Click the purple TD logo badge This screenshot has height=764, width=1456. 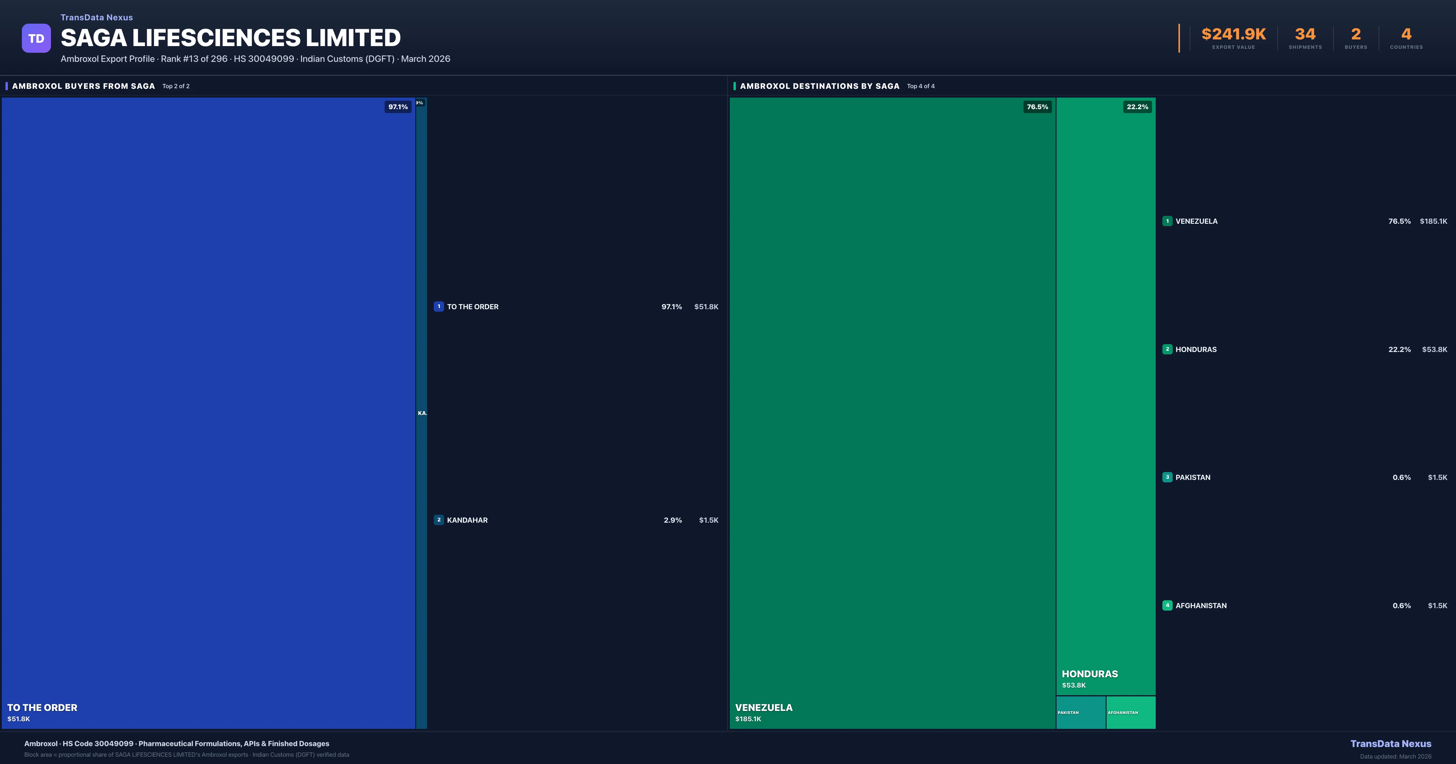click(x=36, y=39)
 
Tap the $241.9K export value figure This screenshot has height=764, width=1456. click(x=1233, y=35)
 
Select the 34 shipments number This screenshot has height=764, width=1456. click(x=1305, y=35)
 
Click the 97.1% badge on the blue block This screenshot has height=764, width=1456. click(x=398, y=107)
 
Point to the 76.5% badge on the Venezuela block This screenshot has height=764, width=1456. click(x=1037, y=107)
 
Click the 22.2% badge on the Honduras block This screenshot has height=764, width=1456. click(x=1137, y=107)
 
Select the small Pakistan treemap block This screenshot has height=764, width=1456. click(x=1080, y=712)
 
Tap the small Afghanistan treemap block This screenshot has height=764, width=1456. click(x=1131, y=712)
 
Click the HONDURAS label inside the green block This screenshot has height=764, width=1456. click(x=1090, y=674)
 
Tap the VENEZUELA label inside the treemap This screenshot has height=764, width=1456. click(x=763, y=708)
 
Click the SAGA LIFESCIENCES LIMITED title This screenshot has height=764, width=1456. click(x=231, y=38)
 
